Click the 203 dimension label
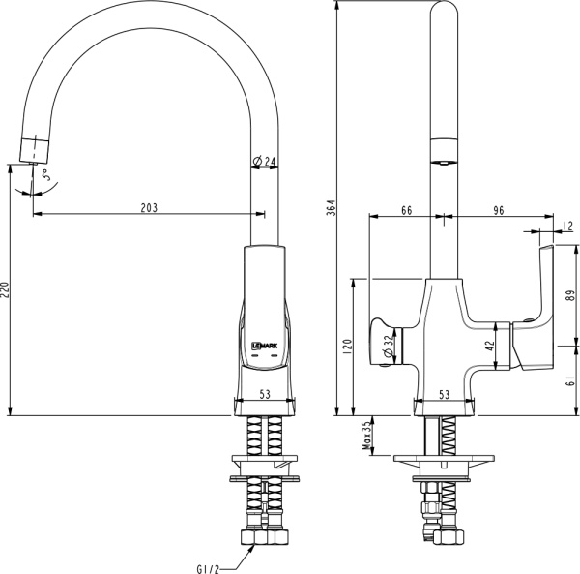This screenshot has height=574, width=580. pyautogui.click(x=149, y=207)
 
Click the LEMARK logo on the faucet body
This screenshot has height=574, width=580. pyautogui.click(x=263, y=344)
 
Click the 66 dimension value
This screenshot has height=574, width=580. pyautogui.click(x=405, y=210)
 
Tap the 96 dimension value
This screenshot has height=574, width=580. pyautogui.click(x=498, y=210)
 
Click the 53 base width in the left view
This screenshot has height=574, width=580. pyautogui.click(x=263, y=394)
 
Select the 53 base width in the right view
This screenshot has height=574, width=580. pyautogui.click(x=445, y=394)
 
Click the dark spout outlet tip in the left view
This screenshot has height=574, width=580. pyautogui.click(x=34, y=150)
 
